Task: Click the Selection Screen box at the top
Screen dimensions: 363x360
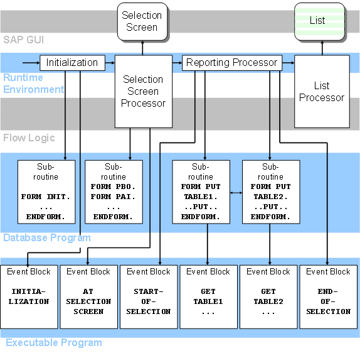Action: point(142,21)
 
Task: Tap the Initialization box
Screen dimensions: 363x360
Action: point(72,63)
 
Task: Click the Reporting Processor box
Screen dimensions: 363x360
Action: point(231,63)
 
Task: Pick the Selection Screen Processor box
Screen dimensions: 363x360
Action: point(143,92)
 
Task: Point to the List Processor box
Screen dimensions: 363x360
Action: point(321,92)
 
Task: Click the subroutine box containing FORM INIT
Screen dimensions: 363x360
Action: point(47,191)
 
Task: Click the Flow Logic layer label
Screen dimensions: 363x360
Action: point(29,138)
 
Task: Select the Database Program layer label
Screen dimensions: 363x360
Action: point(47,238)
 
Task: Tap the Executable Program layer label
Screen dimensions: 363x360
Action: point(53,343)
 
